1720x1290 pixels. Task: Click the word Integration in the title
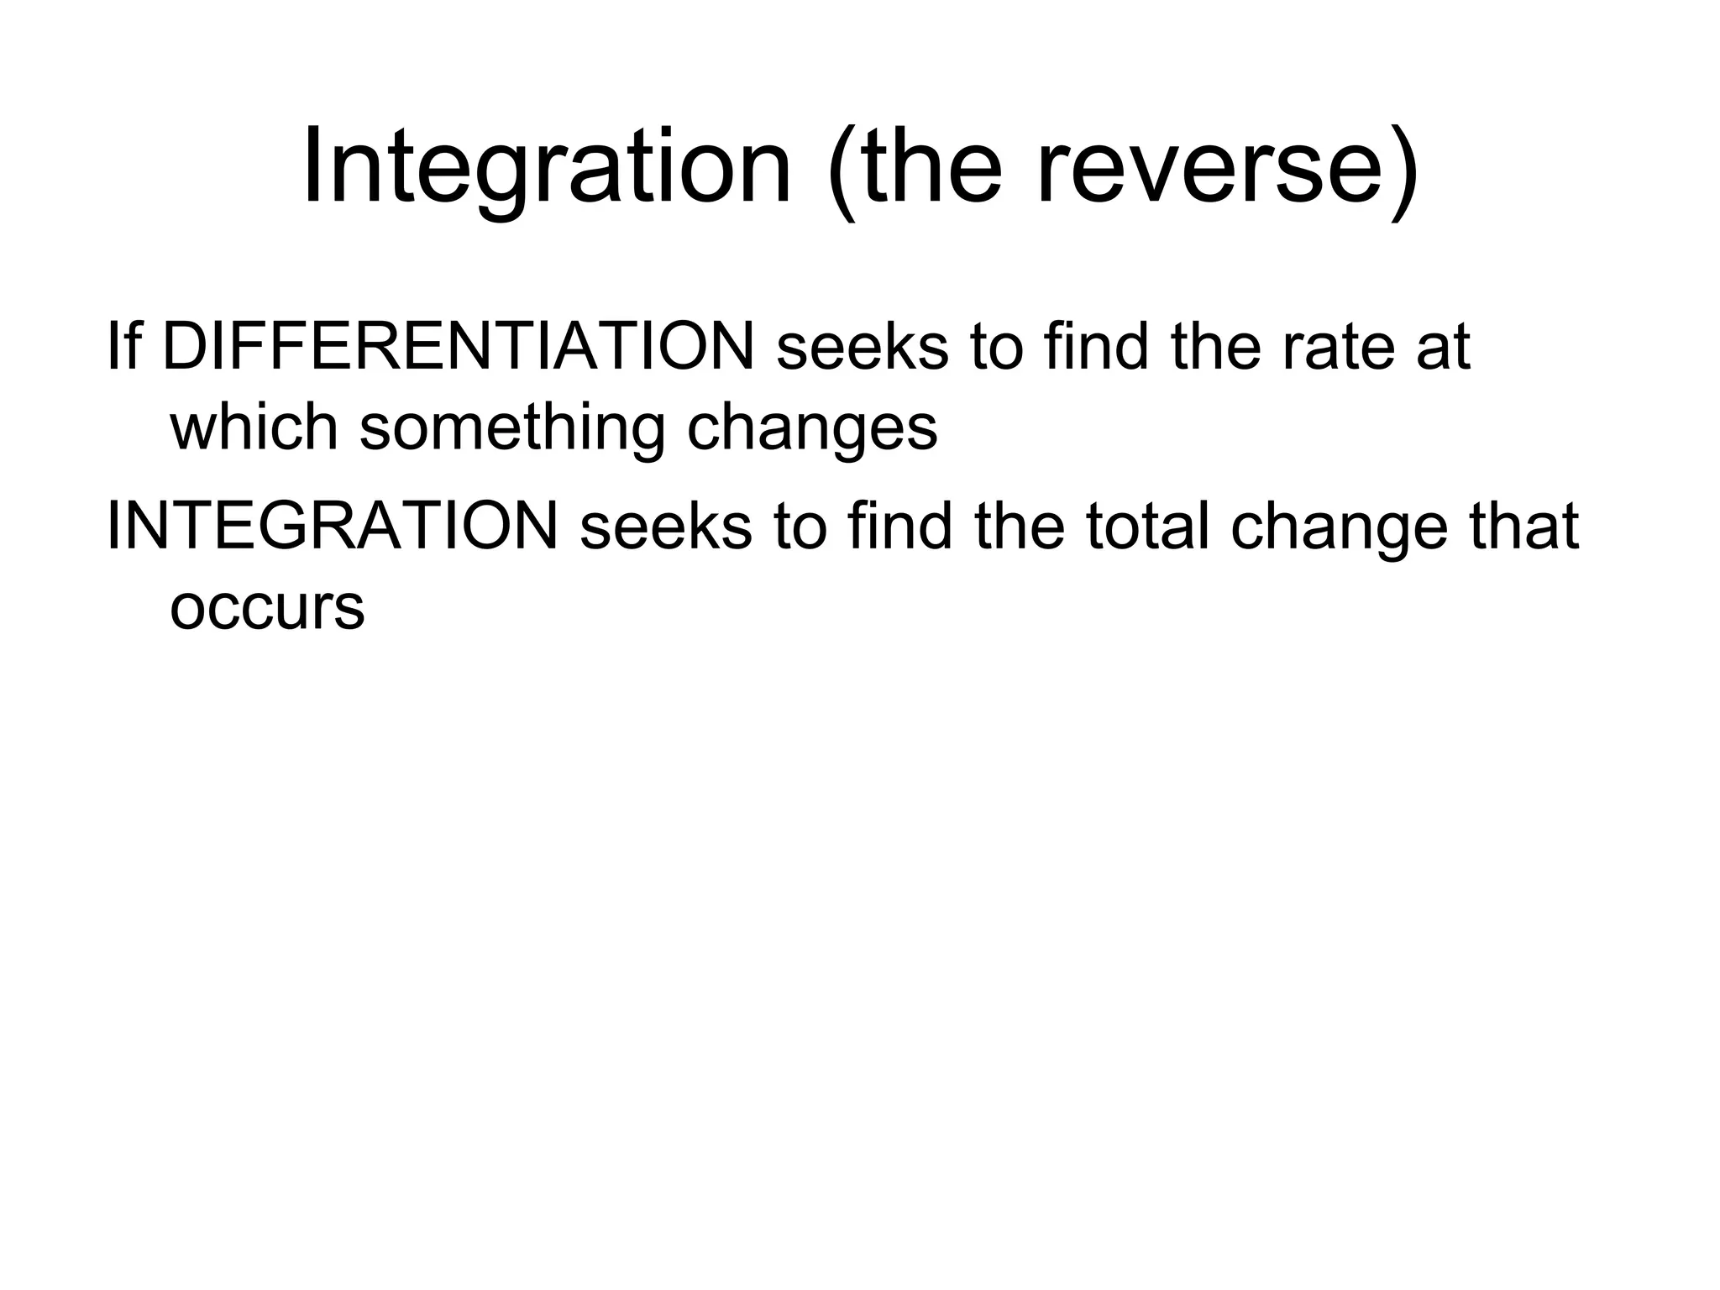coord(547,167)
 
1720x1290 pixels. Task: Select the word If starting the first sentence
coord(123,346)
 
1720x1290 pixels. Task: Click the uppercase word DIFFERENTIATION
coord(459,346)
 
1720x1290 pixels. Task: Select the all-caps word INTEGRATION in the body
coord(333,527)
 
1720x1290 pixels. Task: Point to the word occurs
coord(267,608)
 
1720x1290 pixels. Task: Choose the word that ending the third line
coord(1523,527)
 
